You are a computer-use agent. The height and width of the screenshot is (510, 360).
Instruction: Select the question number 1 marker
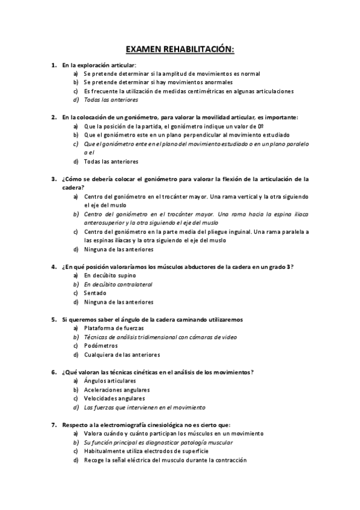coord(53,64)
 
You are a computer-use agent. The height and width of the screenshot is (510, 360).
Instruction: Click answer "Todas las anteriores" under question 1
coord(111,100)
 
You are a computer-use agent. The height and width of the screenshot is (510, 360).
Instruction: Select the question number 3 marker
coord(53,179)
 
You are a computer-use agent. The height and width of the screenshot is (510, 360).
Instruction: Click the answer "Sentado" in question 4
coord(95,293)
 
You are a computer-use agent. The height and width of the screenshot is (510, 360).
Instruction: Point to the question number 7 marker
coord(53,425)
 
